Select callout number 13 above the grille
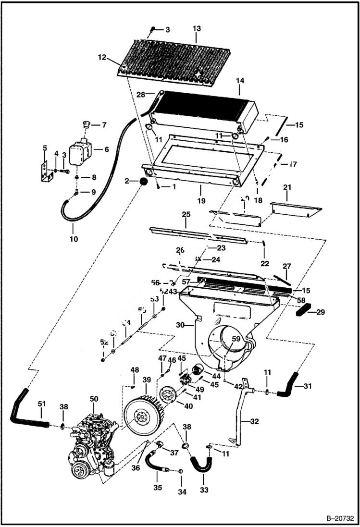(x=197, y=29)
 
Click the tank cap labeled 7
(x=87, y=125)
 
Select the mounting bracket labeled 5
(x=45, y=171)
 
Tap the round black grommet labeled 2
(x=142, y=182)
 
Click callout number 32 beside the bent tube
(x=255, y=422)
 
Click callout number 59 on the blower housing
(x=235, y=339)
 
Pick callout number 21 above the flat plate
(x=287, y=186)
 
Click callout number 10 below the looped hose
(x=73, y=239)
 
